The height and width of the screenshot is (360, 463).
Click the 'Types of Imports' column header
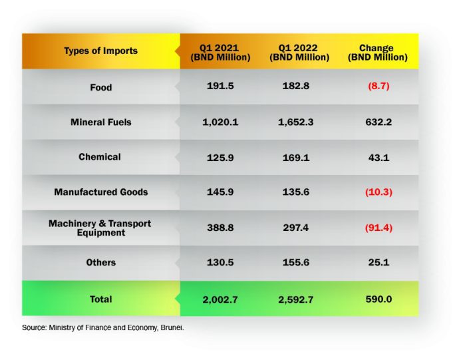tap(100, 51)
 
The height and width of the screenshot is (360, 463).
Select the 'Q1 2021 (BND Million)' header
tap(220, 53)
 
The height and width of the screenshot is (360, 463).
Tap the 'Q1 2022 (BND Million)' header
tap(299, 53)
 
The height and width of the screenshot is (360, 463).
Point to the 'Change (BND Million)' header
tap(376, 53)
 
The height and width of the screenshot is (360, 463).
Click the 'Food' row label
tap(100, 87)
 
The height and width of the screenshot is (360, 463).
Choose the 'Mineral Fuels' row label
tap(100, 122)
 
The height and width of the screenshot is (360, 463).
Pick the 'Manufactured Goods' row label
tap(100, 192)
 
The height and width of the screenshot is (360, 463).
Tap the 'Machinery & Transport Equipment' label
tap(100, 228)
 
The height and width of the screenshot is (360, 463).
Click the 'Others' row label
tap(100, 262)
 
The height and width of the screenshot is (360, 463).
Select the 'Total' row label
tap(100, 299)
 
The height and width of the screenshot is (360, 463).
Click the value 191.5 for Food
tap(220, 87)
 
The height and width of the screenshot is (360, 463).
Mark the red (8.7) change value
tap(376, 87)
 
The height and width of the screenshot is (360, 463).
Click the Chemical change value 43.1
tap(376, 157)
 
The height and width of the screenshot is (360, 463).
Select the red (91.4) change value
tap(376, 228)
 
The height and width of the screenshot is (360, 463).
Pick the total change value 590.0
tap(376, 299)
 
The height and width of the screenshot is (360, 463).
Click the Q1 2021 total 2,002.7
tap(220, 299)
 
